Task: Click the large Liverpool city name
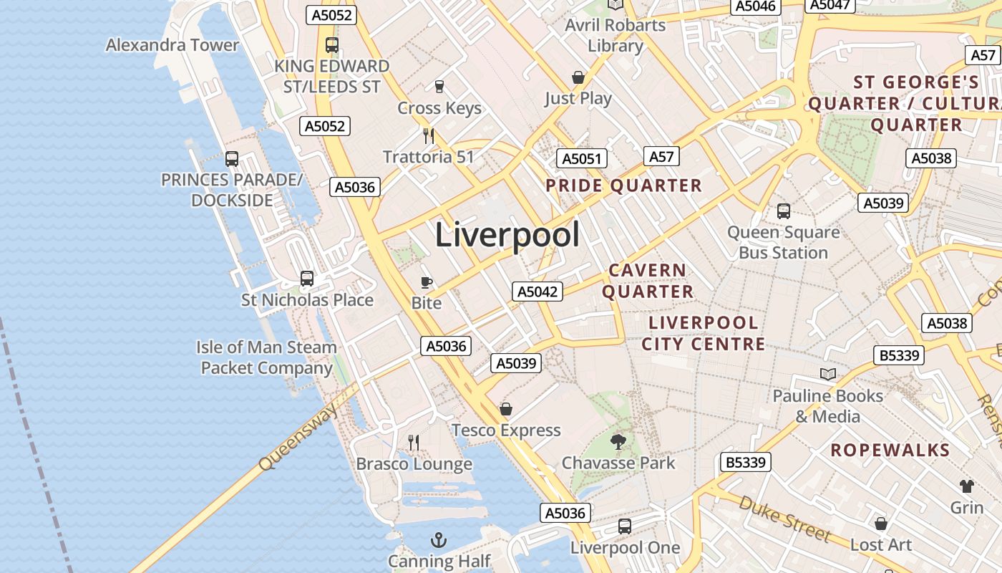click(507, 235)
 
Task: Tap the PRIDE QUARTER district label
click(623, 186)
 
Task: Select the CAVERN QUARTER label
click(648, 281)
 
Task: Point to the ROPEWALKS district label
click(890, 451)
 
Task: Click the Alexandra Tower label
click(172, 45)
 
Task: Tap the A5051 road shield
click(582, 159)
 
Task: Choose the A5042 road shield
click(538, 292)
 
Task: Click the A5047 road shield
click(830, 5)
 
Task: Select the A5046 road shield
click(756, 6)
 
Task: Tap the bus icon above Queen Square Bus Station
click(784, 211)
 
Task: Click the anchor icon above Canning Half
click(438, 539)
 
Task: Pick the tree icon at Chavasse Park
click(618, 441)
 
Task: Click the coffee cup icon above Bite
click(427, 282)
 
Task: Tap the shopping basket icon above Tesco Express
click(506, 409)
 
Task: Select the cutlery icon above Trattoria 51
click(429, 135)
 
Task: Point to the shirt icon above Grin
click(967, 486)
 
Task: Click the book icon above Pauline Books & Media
click(828, 374)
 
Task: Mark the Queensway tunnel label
click(298, 436)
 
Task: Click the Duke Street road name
click(784, 519)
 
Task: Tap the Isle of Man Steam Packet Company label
click(267, 357)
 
